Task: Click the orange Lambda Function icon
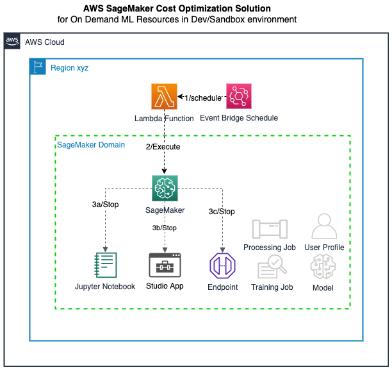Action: [164, 97]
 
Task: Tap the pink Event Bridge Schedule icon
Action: [239, 97]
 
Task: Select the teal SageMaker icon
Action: [165, 187]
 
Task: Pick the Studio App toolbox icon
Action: [165, 265]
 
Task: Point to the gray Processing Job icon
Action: [269, 230]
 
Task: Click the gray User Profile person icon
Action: [324, 227]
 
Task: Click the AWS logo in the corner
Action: [12, 42]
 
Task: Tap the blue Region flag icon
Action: [38, 67]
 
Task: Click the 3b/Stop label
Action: [165, 227]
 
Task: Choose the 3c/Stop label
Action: [222, 212]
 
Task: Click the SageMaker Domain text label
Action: [91, 146]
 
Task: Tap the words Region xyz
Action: [69, 67]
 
